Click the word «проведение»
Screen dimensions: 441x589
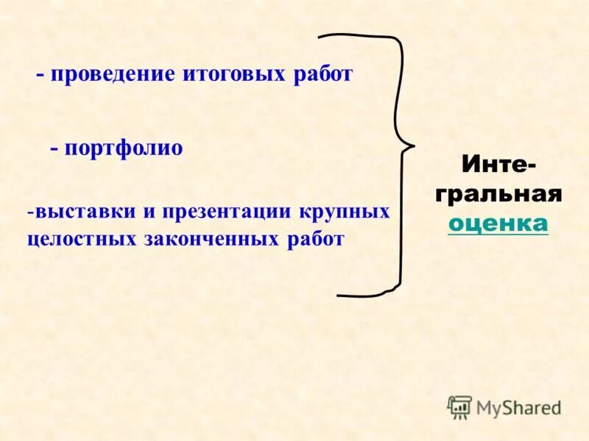coord(112,75)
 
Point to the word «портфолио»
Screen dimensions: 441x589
coord(123,148)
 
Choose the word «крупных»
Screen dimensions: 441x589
coord(345,212)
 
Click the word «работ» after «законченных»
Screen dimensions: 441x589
coord(318,240)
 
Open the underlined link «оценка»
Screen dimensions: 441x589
coord(498,223)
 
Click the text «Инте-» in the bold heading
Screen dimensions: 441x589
coord(498,165)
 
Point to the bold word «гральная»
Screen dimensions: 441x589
coord(498,194)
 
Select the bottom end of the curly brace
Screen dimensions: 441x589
coord(339,295)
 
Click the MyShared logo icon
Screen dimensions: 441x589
coord(459,407)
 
